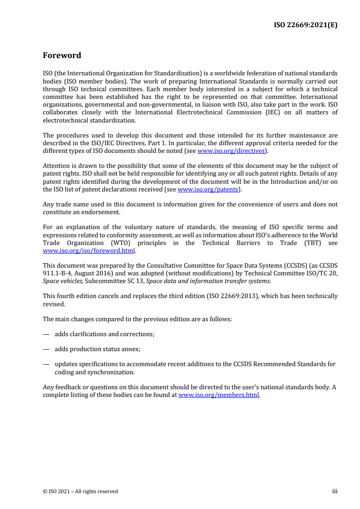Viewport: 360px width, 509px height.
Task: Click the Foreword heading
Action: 62,56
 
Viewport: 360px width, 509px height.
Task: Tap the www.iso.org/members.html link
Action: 218,395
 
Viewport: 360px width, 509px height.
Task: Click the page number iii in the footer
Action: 335,491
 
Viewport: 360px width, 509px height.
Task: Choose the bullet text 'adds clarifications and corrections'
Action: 104,334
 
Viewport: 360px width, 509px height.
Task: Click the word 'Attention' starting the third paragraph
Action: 56,166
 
